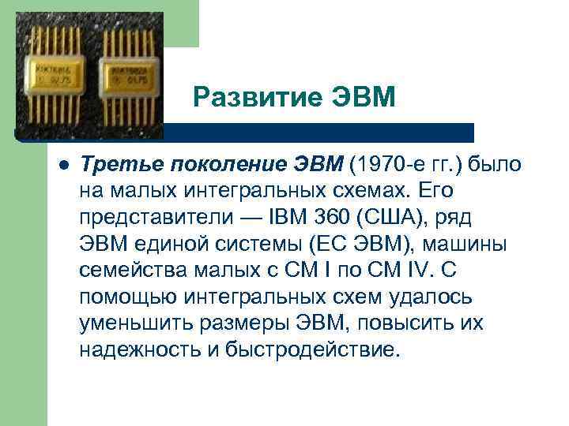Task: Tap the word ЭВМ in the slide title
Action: [360, 99]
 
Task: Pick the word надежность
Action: [136, 350]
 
